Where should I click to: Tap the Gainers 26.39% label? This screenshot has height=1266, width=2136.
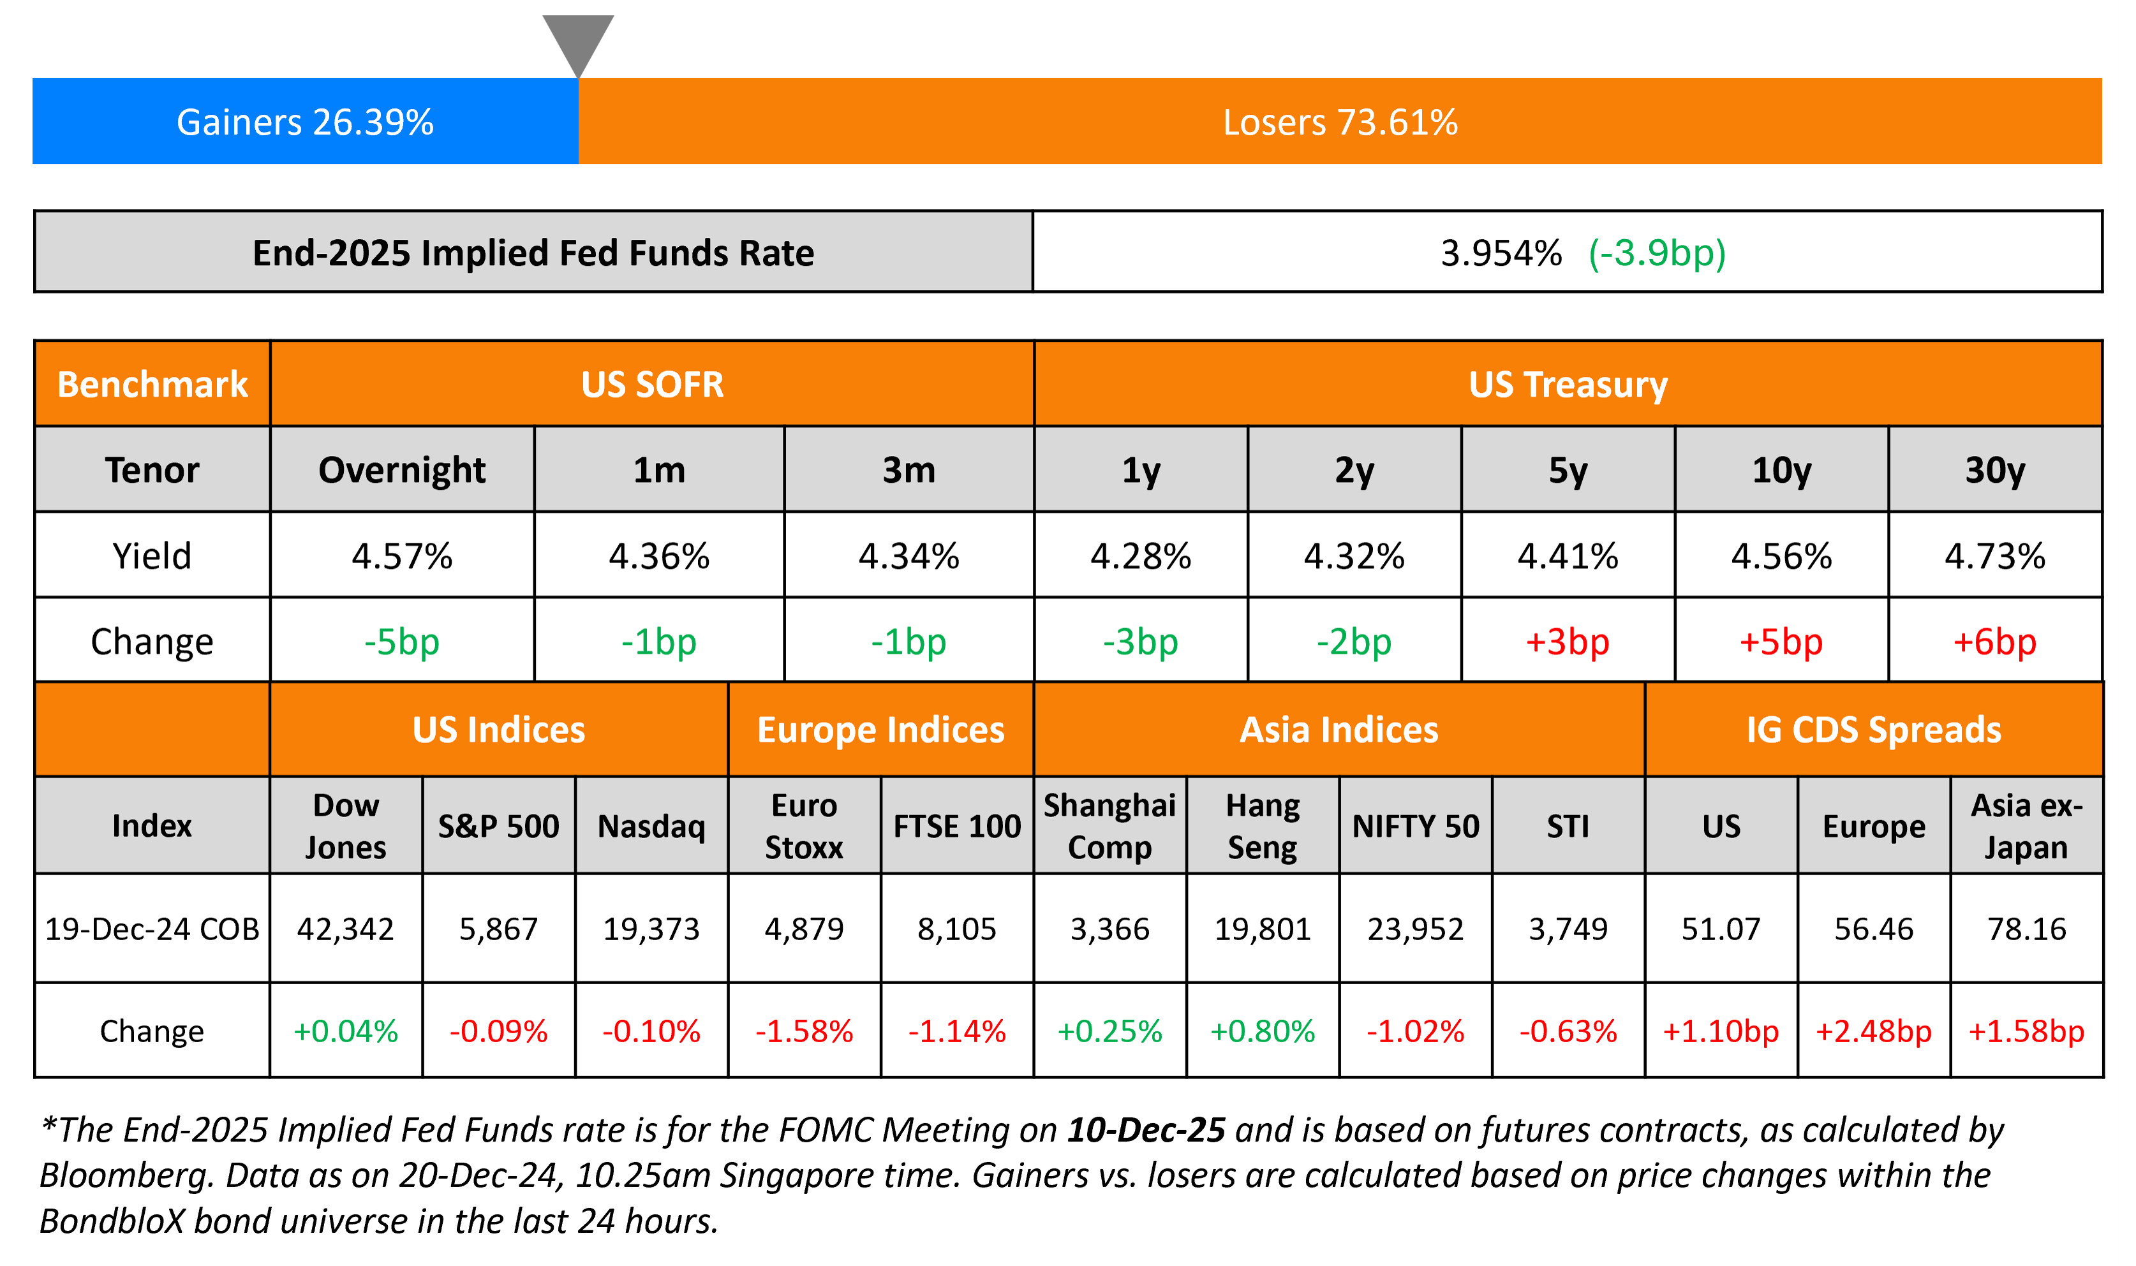click(x=305, y=122)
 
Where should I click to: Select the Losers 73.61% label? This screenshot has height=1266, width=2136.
click(x=1340, y=122)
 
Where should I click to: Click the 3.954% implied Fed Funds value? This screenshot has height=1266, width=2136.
click(x=1500, y=253)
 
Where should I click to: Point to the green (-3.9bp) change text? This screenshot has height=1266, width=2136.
click(x=1656, y=253)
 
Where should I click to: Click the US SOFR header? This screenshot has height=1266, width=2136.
click(x=652, y=384)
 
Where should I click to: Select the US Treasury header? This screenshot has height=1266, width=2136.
click(x=1568, y=384)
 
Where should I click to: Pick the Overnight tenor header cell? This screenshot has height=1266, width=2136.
click(x=402, y=470)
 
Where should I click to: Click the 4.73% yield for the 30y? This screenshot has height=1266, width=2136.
click(x=1994, y=556)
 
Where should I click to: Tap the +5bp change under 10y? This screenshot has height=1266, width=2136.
click(x=1781, y=642)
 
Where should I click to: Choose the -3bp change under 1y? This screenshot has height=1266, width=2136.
click(x=1140, y=642)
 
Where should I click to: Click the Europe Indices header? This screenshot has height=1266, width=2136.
click(x=880, y=730)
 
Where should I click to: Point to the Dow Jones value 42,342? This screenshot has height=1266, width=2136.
click(x=346, y=928)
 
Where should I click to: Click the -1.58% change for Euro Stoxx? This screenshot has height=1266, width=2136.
click(x=804, y=1031)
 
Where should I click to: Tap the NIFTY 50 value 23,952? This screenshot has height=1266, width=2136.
click(x=1415, y=928)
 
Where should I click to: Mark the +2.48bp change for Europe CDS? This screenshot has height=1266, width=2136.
click(x=1873, y=1031)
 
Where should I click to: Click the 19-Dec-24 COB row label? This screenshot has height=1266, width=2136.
click(x=152, y=928)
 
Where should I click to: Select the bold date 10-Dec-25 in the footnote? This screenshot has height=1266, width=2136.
click(x=1146, y=1130)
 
